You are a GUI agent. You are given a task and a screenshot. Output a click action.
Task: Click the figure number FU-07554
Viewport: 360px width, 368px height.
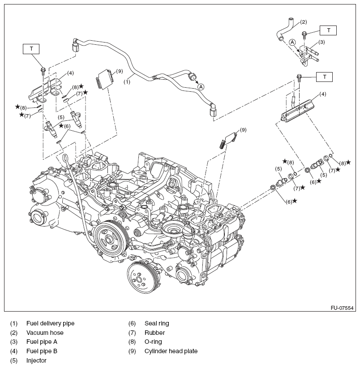342,308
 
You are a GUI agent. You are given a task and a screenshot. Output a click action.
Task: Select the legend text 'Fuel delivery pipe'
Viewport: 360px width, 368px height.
50,323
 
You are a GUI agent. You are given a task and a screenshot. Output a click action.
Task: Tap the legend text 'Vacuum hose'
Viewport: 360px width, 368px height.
45,333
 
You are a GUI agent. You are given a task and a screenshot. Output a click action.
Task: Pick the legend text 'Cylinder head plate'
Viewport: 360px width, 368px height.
171,351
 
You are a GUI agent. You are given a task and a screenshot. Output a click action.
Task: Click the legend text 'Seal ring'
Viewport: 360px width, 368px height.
157,323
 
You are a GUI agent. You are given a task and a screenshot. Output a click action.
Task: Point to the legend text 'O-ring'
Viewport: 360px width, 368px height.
153,342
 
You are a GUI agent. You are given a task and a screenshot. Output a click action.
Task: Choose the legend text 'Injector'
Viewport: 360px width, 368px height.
36,361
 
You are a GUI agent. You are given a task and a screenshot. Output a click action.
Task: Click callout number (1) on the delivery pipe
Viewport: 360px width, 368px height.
127,82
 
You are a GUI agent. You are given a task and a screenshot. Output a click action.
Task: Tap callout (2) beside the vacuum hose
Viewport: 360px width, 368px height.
303,21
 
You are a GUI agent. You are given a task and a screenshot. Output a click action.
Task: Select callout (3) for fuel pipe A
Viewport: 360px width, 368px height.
321,42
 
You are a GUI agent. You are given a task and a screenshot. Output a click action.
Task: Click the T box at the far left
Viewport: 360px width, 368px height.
32,48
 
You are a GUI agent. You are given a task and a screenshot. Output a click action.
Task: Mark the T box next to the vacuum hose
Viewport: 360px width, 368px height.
329,30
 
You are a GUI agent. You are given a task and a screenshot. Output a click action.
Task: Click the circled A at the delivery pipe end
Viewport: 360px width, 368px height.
201,86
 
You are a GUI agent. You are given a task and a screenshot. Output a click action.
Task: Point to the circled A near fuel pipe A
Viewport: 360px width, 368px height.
292,42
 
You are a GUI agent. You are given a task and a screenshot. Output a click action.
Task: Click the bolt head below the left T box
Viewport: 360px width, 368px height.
43,70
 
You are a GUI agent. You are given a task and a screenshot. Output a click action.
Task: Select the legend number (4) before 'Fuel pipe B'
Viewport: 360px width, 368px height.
14,351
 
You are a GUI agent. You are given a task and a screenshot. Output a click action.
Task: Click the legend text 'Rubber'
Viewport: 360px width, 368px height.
155,333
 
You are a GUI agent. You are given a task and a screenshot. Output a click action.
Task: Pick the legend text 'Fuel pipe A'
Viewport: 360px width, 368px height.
42,342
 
